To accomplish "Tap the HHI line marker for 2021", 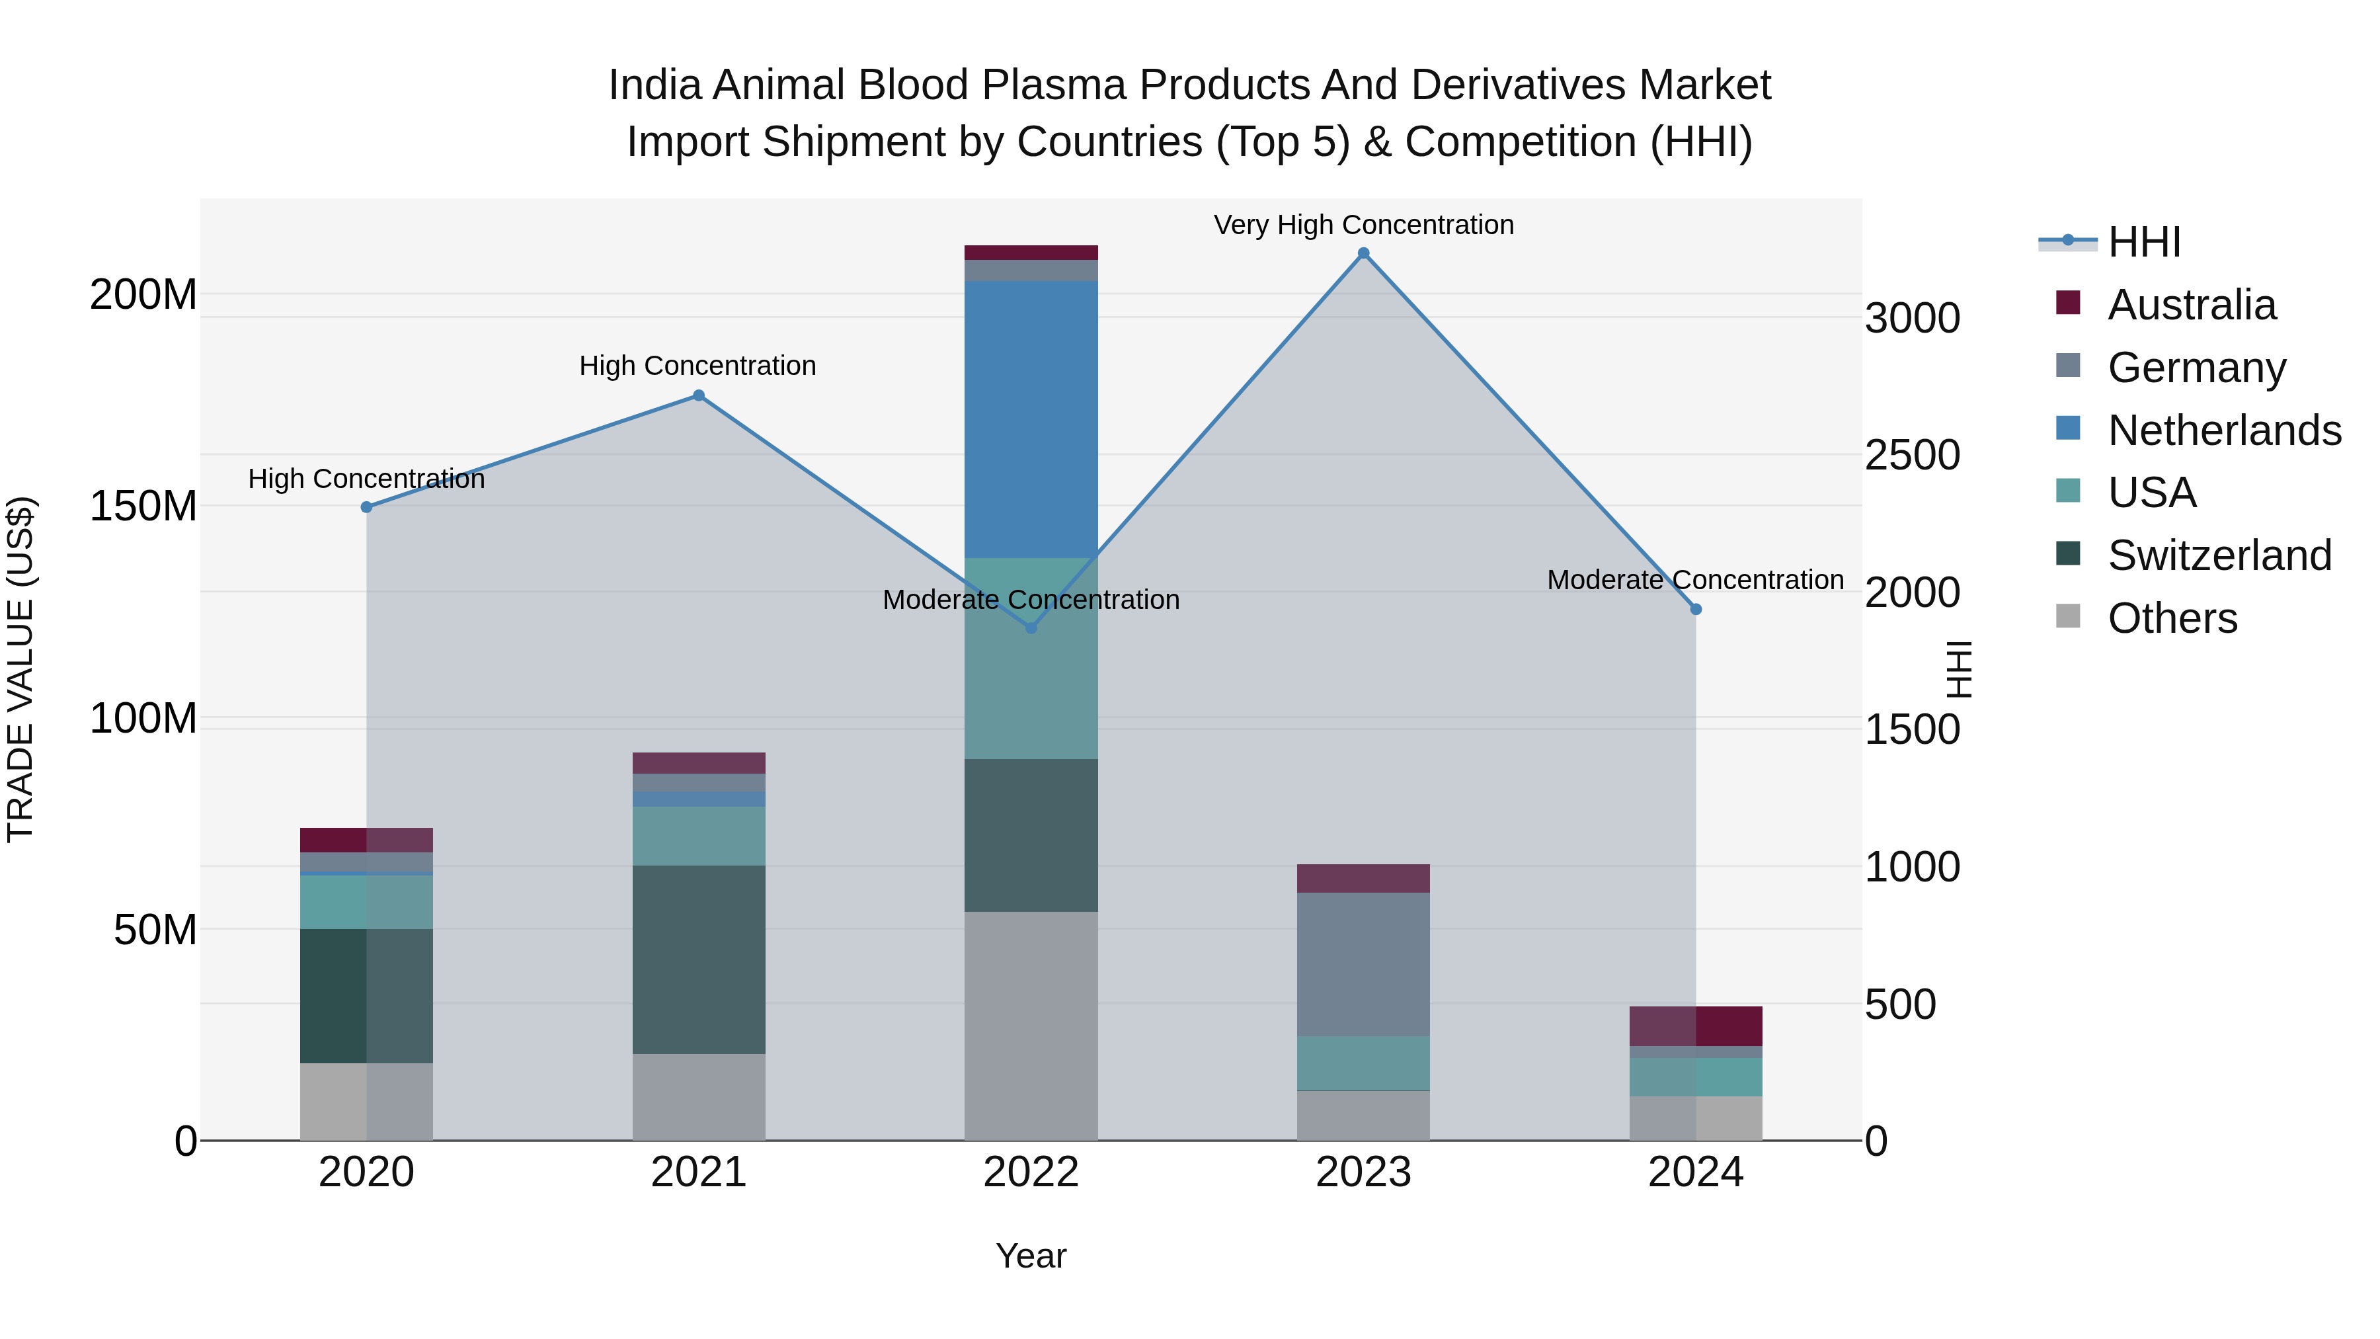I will [699, 395].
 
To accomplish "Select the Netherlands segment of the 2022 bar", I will [1031, 419].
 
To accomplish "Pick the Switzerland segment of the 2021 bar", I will [699, 959].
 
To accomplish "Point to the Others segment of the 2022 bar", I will [1031, 1026].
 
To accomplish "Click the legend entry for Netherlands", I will [2224, 430].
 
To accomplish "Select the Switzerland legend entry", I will [2219, 555].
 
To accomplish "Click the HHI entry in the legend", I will [2143, 242].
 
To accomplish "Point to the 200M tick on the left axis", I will [143, 295].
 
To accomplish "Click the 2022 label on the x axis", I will [1031, 1172].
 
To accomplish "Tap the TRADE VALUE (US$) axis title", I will [20, 669].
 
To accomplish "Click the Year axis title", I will [1031, 1256].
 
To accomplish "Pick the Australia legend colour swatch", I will [2068, 303].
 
